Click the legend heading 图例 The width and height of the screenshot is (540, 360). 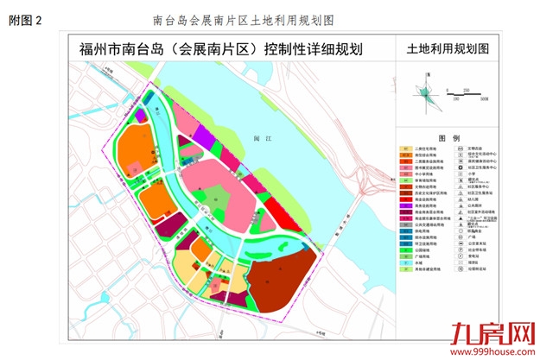coord(448,138)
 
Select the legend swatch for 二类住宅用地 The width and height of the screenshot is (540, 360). coord(405,148)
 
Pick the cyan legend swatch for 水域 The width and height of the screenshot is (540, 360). coord(405,263)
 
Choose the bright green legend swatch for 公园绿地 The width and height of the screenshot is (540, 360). coord(405,249)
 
